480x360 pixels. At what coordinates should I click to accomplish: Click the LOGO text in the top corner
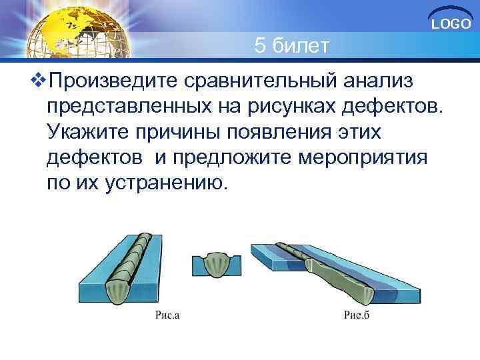tap(451, 25)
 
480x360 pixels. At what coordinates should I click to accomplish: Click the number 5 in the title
tap(261, 47)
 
